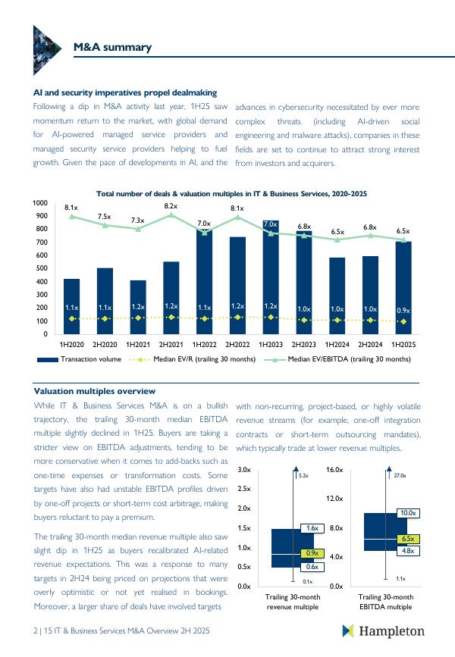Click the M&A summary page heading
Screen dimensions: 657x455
click(x=111, y=48)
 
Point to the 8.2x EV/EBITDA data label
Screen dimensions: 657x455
click(x=171, y=206)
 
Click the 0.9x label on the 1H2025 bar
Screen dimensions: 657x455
click(x=403, y=311)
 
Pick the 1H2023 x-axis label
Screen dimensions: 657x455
click(x=271, y=345)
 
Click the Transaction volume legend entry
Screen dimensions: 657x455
click(x=85, y=359)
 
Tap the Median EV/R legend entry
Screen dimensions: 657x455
click(x=199, y=359)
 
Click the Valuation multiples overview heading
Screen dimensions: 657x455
click(x=95, y=391)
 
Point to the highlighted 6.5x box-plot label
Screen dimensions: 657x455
click(x=408, y=539)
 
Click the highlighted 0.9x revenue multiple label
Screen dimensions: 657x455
click(x=312, y=553)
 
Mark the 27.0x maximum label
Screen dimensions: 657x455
click(x=400, y=476)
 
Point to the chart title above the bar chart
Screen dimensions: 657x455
click(x=231, y=194)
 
